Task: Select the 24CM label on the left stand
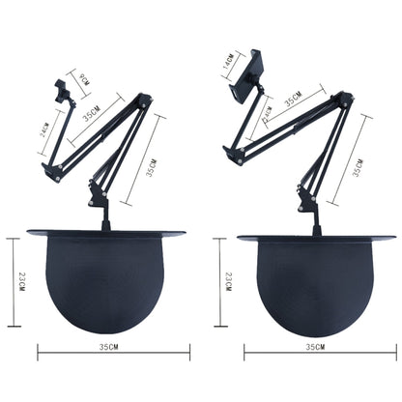click(x=44, y=129)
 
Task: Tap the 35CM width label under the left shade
click(x=107, y=346)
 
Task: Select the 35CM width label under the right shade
click(x=315, y=346)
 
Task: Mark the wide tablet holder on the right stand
click(x=245, y=76)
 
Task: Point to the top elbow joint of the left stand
click(x=144, y=100)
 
